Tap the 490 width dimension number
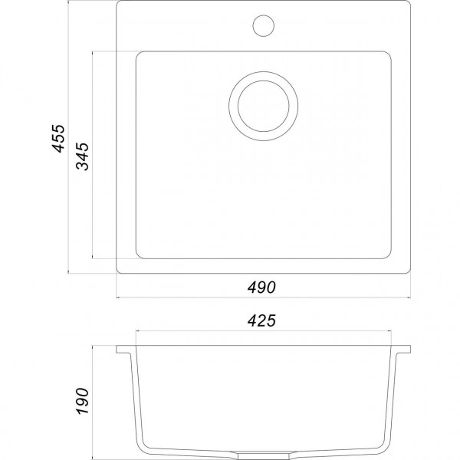tap(261, 287)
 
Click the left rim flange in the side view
tap(126, 353)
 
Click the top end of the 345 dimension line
tap(94, 52)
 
